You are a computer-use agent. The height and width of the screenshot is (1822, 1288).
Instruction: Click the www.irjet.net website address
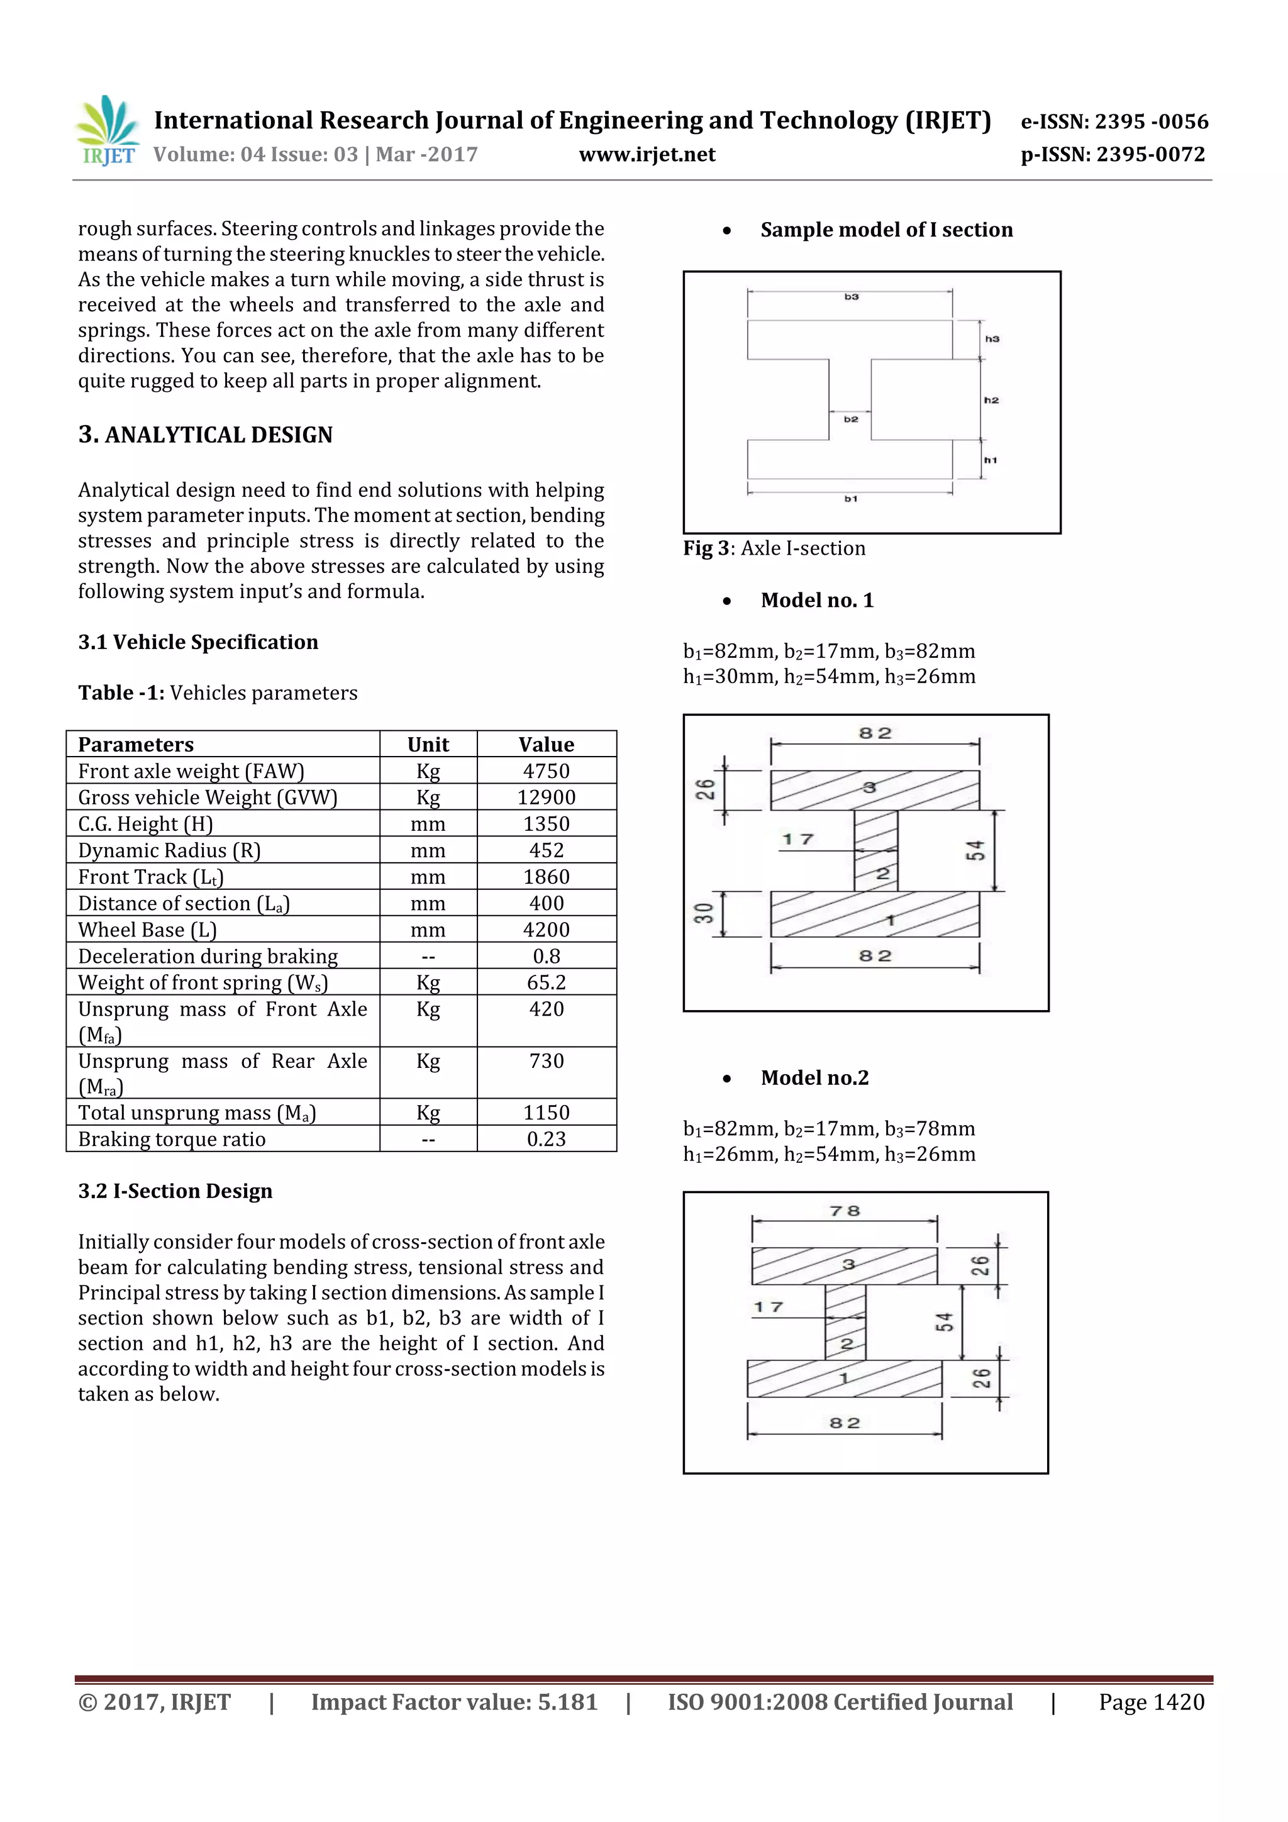pyautogui.click(x=647, y=155)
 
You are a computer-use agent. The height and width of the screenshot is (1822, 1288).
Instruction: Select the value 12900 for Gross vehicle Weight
pyautogui.click(x=546, y=797)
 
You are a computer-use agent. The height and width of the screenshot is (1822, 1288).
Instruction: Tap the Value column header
pyautogui.click(x=546, y=745)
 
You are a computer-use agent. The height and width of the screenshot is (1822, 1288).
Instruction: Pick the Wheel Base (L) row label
pyautogui.click(x=147, y=930)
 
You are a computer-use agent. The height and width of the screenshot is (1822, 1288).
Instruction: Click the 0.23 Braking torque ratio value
pyautogui.click(x=546, y=1139)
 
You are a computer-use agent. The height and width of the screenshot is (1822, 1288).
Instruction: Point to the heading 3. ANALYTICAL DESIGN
pyautogui.click(x=206, y=435)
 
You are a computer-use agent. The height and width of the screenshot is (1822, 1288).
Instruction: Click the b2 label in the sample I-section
pyautogui.click(x=851, y=419)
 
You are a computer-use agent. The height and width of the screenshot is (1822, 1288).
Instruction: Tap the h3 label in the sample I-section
pyautogui.click(x=992, y=339)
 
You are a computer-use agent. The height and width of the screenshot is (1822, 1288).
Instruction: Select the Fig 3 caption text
pyautogui.click(x=774, y=548)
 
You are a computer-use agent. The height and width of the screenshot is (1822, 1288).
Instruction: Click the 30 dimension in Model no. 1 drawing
pyautogui.click(x=704, y=913)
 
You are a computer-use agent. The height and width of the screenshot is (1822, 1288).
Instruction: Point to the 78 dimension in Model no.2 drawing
pyautogui.click(x=845, y=1211)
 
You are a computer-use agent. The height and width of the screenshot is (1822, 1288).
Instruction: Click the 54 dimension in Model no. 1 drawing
pyautogui.click(x=975, y=851)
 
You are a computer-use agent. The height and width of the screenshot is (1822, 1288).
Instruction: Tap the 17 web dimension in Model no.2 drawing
pyautogui.click(x=768, y=1307)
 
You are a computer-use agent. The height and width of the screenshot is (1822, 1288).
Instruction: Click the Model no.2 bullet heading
pyautogui.click(x=814, y=1077)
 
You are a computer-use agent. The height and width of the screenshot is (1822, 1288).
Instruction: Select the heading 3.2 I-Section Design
pyautogui.click(x=175, y=1191)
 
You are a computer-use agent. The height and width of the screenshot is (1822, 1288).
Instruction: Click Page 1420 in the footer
pyautogui.click(x=1151, y=1702)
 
